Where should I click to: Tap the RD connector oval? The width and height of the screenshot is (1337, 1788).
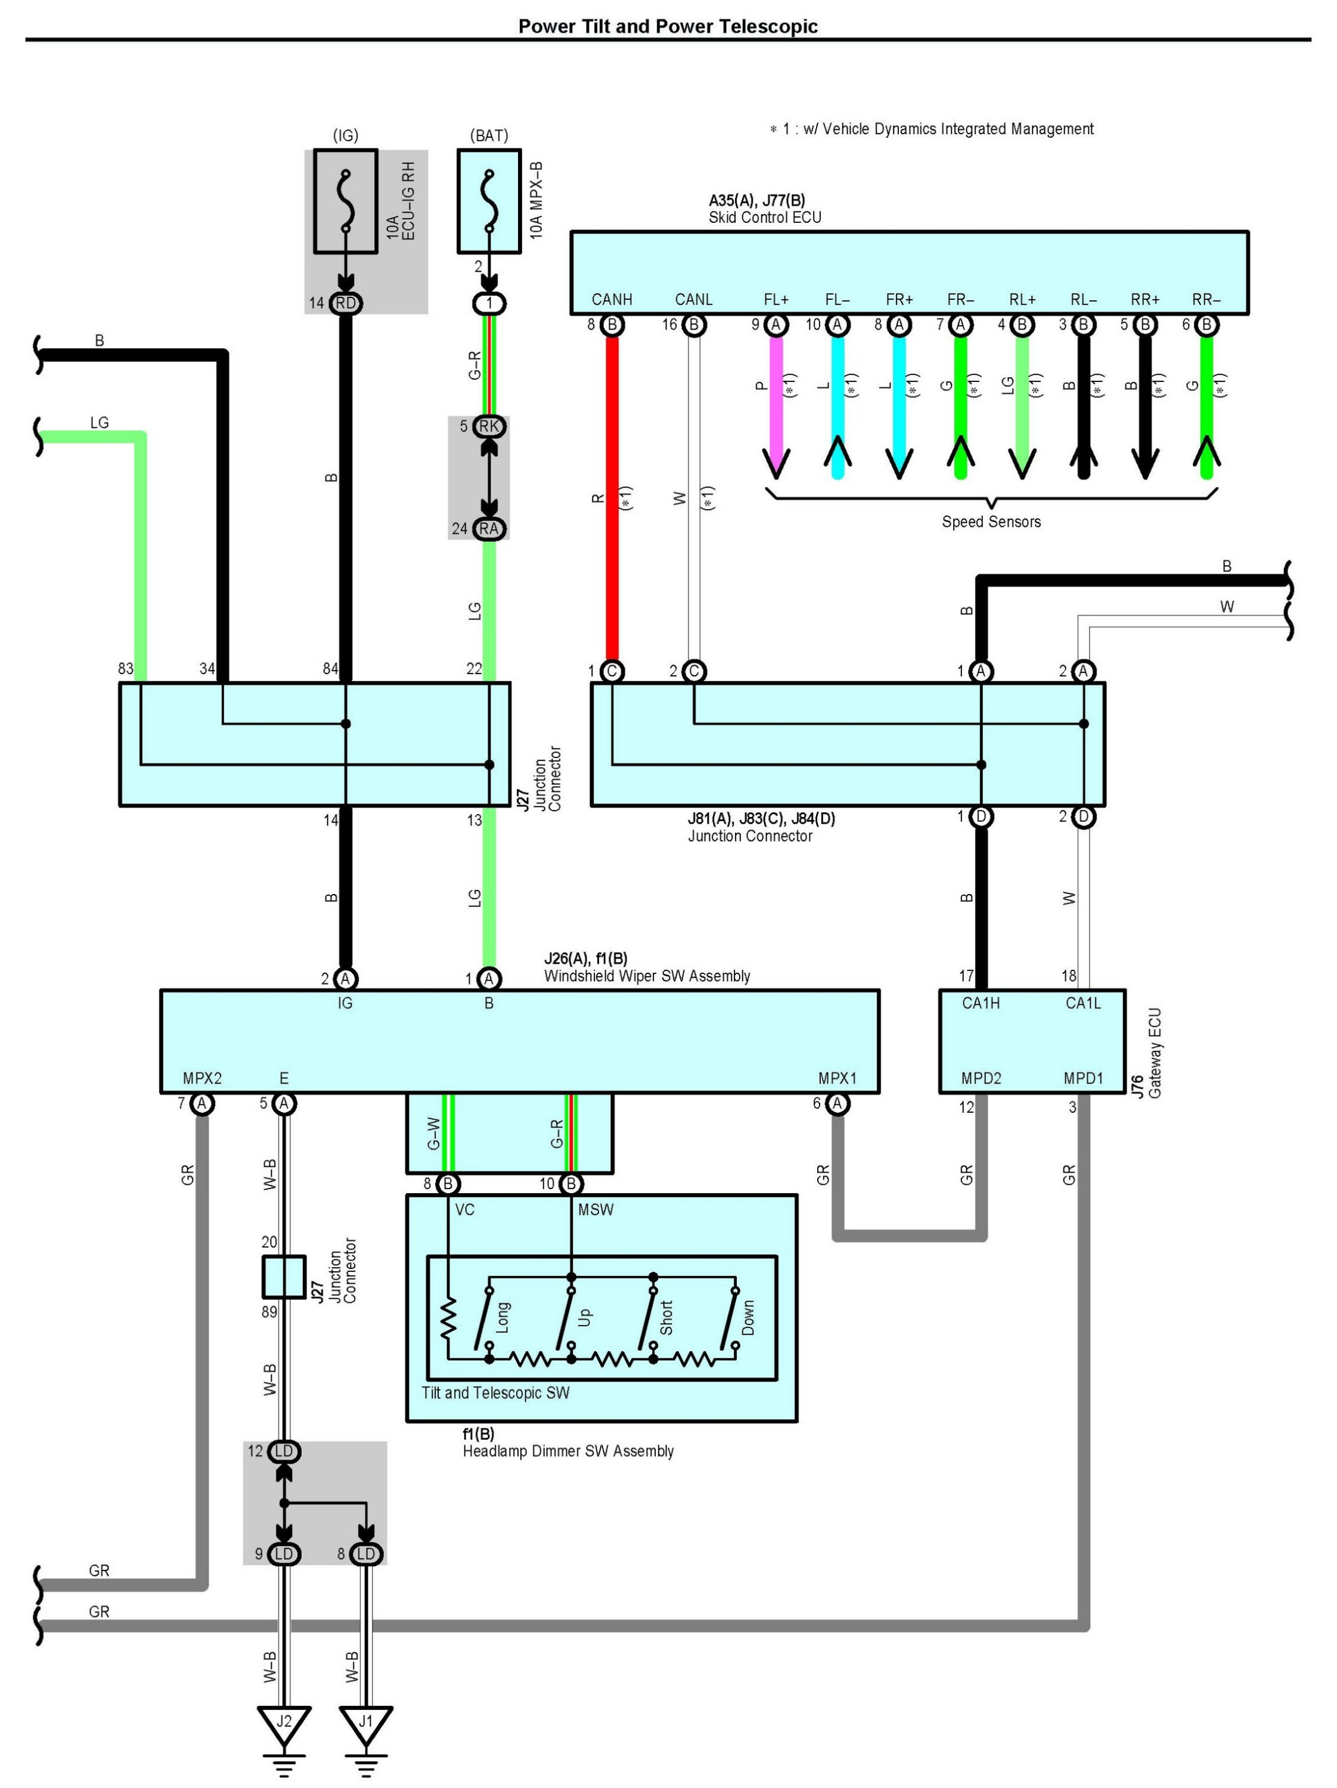345,303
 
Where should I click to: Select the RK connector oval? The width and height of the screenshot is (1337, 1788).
489,426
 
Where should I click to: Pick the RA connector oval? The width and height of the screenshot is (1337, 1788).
489,529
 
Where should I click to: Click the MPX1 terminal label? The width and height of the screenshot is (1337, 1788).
837,1078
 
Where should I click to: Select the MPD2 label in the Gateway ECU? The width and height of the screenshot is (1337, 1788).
981,1078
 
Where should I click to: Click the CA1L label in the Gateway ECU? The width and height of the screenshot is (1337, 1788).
1082,1003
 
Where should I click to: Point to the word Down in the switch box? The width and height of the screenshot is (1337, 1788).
747,1318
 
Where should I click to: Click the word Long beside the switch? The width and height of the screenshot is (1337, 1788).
502,1318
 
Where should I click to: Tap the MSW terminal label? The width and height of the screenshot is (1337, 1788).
595,1210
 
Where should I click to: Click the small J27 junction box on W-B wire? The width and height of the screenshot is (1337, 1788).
284,1277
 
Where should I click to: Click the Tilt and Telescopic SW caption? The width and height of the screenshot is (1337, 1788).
495,1393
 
